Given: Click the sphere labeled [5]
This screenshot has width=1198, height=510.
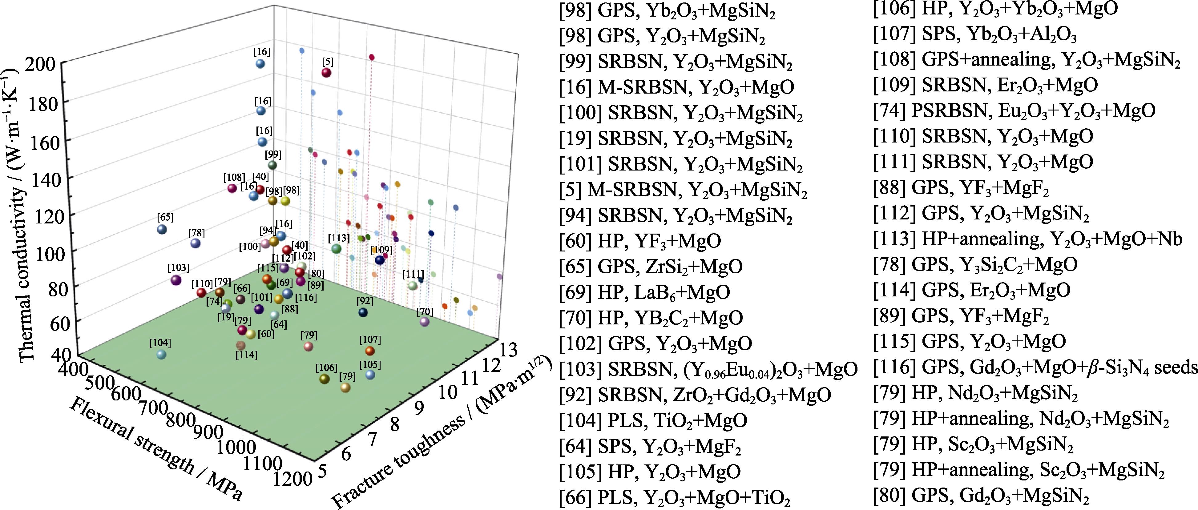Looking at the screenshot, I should tap(326, 73).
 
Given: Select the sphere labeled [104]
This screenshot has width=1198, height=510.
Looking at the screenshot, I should tap(161, 354).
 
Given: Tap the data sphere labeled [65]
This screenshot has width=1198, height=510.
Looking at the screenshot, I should tap(162, 229).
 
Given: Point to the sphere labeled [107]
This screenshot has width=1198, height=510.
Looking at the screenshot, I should tap(370, 351).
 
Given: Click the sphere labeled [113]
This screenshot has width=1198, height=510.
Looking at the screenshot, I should tap(337, 249).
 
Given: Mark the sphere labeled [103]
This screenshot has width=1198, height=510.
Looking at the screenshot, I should tap(176, 280).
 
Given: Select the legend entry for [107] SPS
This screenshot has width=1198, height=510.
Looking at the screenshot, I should tap(974, 34).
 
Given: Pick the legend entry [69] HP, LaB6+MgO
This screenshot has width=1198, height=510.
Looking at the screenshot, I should tap(644, 292).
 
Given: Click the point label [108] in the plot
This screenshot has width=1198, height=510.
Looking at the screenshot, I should tap(233, 177).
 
